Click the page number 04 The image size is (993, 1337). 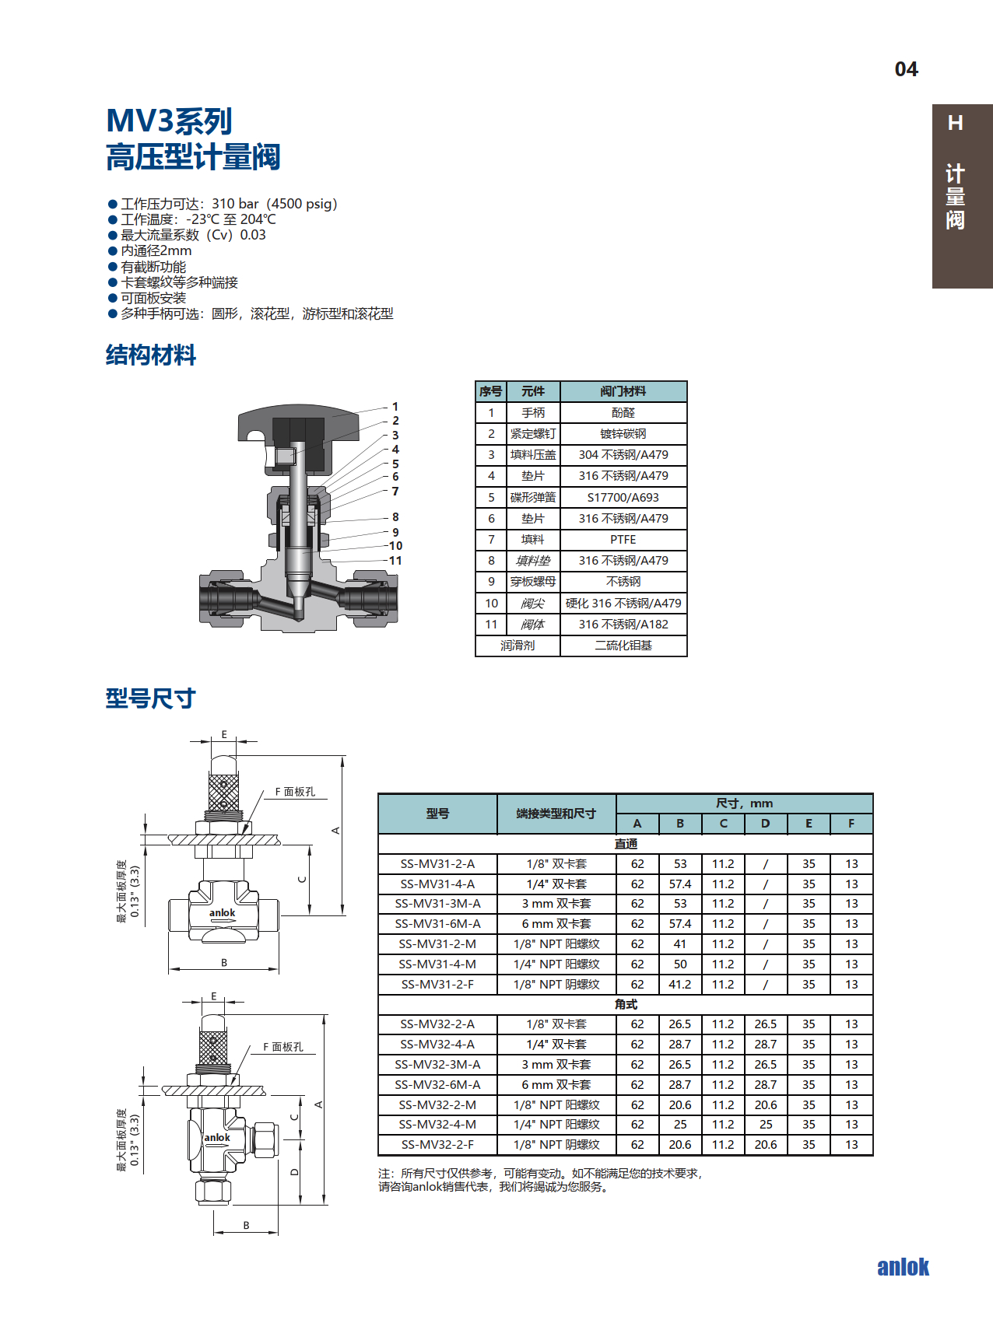[906, 70]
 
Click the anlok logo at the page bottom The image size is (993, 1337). [903, 1267]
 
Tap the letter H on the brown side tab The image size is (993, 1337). [956, 123]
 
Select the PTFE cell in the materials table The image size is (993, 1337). [623, 540]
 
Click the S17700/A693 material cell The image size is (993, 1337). [623, 498]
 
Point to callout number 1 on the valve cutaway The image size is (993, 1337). [395, 407]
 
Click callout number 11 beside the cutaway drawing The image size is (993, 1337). [395, 561]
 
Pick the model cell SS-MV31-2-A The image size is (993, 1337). [437, 864]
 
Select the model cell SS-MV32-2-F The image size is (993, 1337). [437, 1145]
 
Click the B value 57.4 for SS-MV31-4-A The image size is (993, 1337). [680, 884]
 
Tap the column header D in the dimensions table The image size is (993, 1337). [765, 824]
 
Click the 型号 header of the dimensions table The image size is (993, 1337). [437, 814]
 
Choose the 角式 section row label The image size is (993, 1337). [626, 1004]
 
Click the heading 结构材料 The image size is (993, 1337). [151, 355]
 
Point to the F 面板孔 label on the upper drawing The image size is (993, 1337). [295, 792]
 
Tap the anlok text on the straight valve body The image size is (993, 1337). [222, 913]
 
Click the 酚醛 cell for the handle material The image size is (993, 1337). [623, 413]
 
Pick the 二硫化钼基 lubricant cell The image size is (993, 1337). [623, 646]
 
